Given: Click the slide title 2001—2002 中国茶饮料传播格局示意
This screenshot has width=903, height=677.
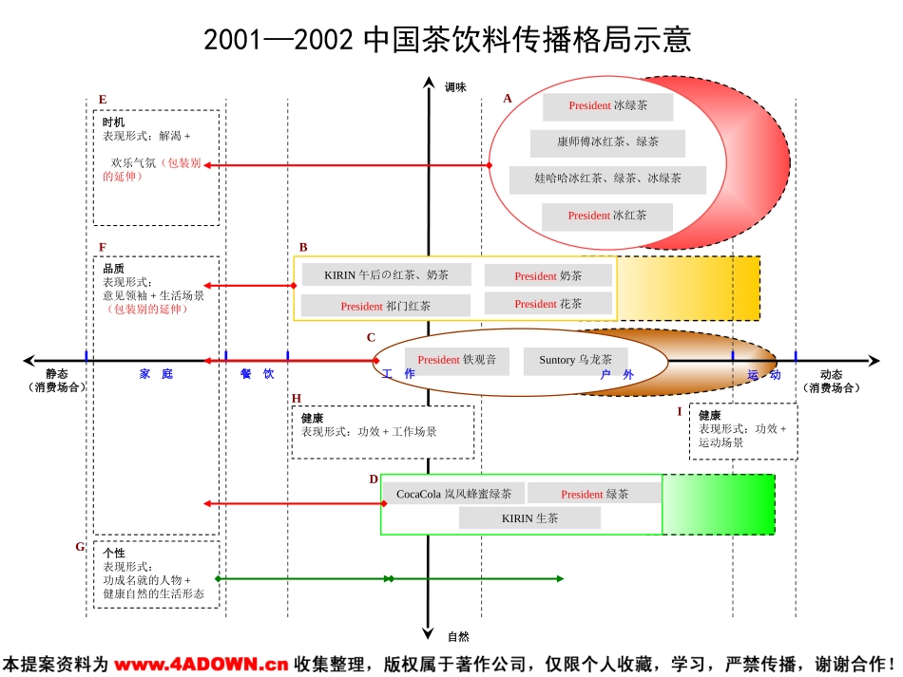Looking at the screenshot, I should pyautogui.click(x=448, y=40).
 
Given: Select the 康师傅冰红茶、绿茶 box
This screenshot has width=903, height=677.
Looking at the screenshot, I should pyautogui.click(x=607, y=142).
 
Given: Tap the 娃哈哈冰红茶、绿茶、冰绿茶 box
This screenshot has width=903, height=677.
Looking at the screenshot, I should pyautogui.click(x=607, y=179).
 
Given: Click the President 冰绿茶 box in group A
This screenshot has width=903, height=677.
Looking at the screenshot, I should pyautogui.click(x=607, y=106).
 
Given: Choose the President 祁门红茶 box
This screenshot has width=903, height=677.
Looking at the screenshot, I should pyautogui.click(x=385, y=307).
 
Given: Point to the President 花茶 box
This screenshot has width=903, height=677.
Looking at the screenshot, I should pyautogui.click(x=548, y=304).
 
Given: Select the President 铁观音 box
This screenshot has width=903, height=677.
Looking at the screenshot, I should pyautogui.click(x=456, y=361).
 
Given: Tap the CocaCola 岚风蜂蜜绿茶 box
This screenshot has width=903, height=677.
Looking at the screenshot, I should pyautogui.click(x=453, y=494).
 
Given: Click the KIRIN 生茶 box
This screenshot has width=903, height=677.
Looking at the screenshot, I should pyautogui.click(x=529, y=518).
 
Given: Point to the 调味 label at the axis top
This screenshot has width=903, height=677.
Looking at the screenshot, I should pyautogui.click(x=455, y=87).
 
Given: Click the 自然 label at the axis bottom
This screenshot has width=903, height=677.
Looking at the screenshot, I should pyautogui.click(x=458, y=636).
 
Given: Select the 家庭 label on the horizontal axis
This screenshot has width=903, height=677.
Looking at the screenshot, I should pyautogui.click(x=156, y=374).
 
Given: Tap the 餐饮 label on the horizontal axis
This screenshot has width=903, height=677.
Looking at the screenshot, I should pyautogui.click(x=257, y=374).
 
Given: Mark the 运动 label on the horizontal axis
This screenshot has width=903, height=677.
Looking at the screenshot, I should pyautogui.click(x=763, y=375).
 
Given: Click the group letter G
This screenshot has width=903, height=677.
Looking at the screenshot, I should pyautogui.click(x=80, y=547).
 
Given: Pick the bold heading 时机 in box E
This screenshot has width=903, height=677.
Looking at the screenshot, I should pyautogui.click(x=113, y=122).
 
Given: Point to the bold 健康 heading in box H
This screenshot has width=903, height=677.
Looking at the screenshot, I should pyautogui.click(x=312, y=418).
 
